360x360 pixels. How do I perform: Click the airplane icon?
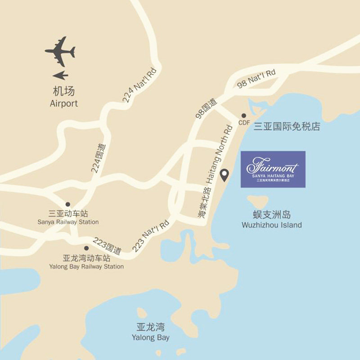[60, 51]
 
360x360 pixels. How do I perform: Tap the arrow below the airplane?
[60, 75]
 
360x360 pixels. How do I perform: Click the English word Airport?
[64, 103]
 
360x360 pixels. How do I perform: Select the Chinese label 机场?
[63, 92]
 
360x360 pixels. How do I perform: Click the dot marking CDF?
[244, 116]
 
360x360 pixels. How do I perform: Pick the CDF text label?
[244, 123]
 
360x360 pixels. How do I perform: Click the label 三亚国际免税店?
[287, 126]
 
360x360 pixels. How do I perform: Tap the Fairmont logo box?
[273, 169]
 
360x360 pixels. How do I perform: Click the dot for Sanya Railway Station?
[68, 204]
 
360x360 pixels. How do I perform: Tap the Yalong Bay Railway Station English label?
[86, 266]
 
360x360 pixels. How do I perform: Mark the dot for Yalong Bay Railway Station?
[86, 248]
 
